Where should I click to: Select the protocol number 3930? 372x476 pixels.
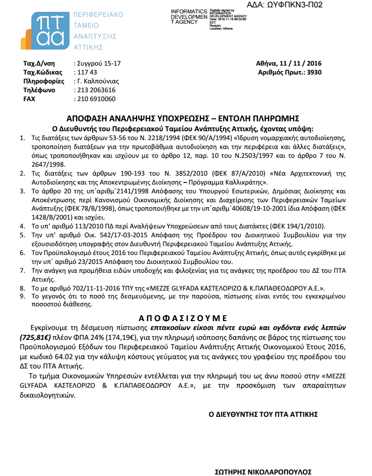tap(313, 72)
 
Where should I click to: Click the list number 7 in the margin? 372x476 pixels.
tap(22, 271)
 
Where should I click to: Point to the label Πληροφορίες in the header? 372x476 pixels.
tap(44, 81)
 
